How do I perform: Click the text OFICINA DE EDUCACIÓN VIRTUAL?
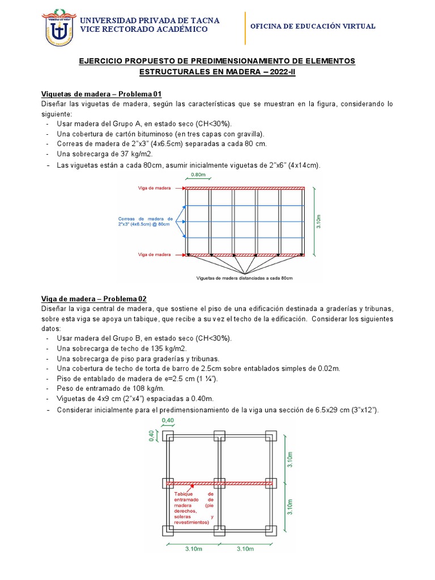point(312,27)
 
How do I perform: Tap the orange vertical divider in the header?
point(245,28)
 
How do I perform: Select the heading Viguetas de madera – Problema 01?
point(102,94)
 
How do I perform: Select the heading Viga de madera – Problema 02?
point(94,298)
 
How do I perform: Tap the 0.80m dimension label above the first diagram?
point(198,176)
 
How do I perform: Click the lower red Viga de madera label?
point(153,255)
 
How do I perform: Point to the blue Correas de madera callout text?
point(145,221)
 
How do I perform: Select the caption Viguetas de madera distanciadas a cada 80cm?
point(244,279)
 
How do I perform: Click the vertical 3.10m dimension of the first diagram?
point(319,221)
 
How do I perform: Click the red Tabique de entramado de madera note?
point(194,508)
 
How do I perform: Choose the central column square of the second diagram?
point(220,483)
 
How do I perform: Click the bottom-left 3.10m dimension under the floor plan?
point(194,549)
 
